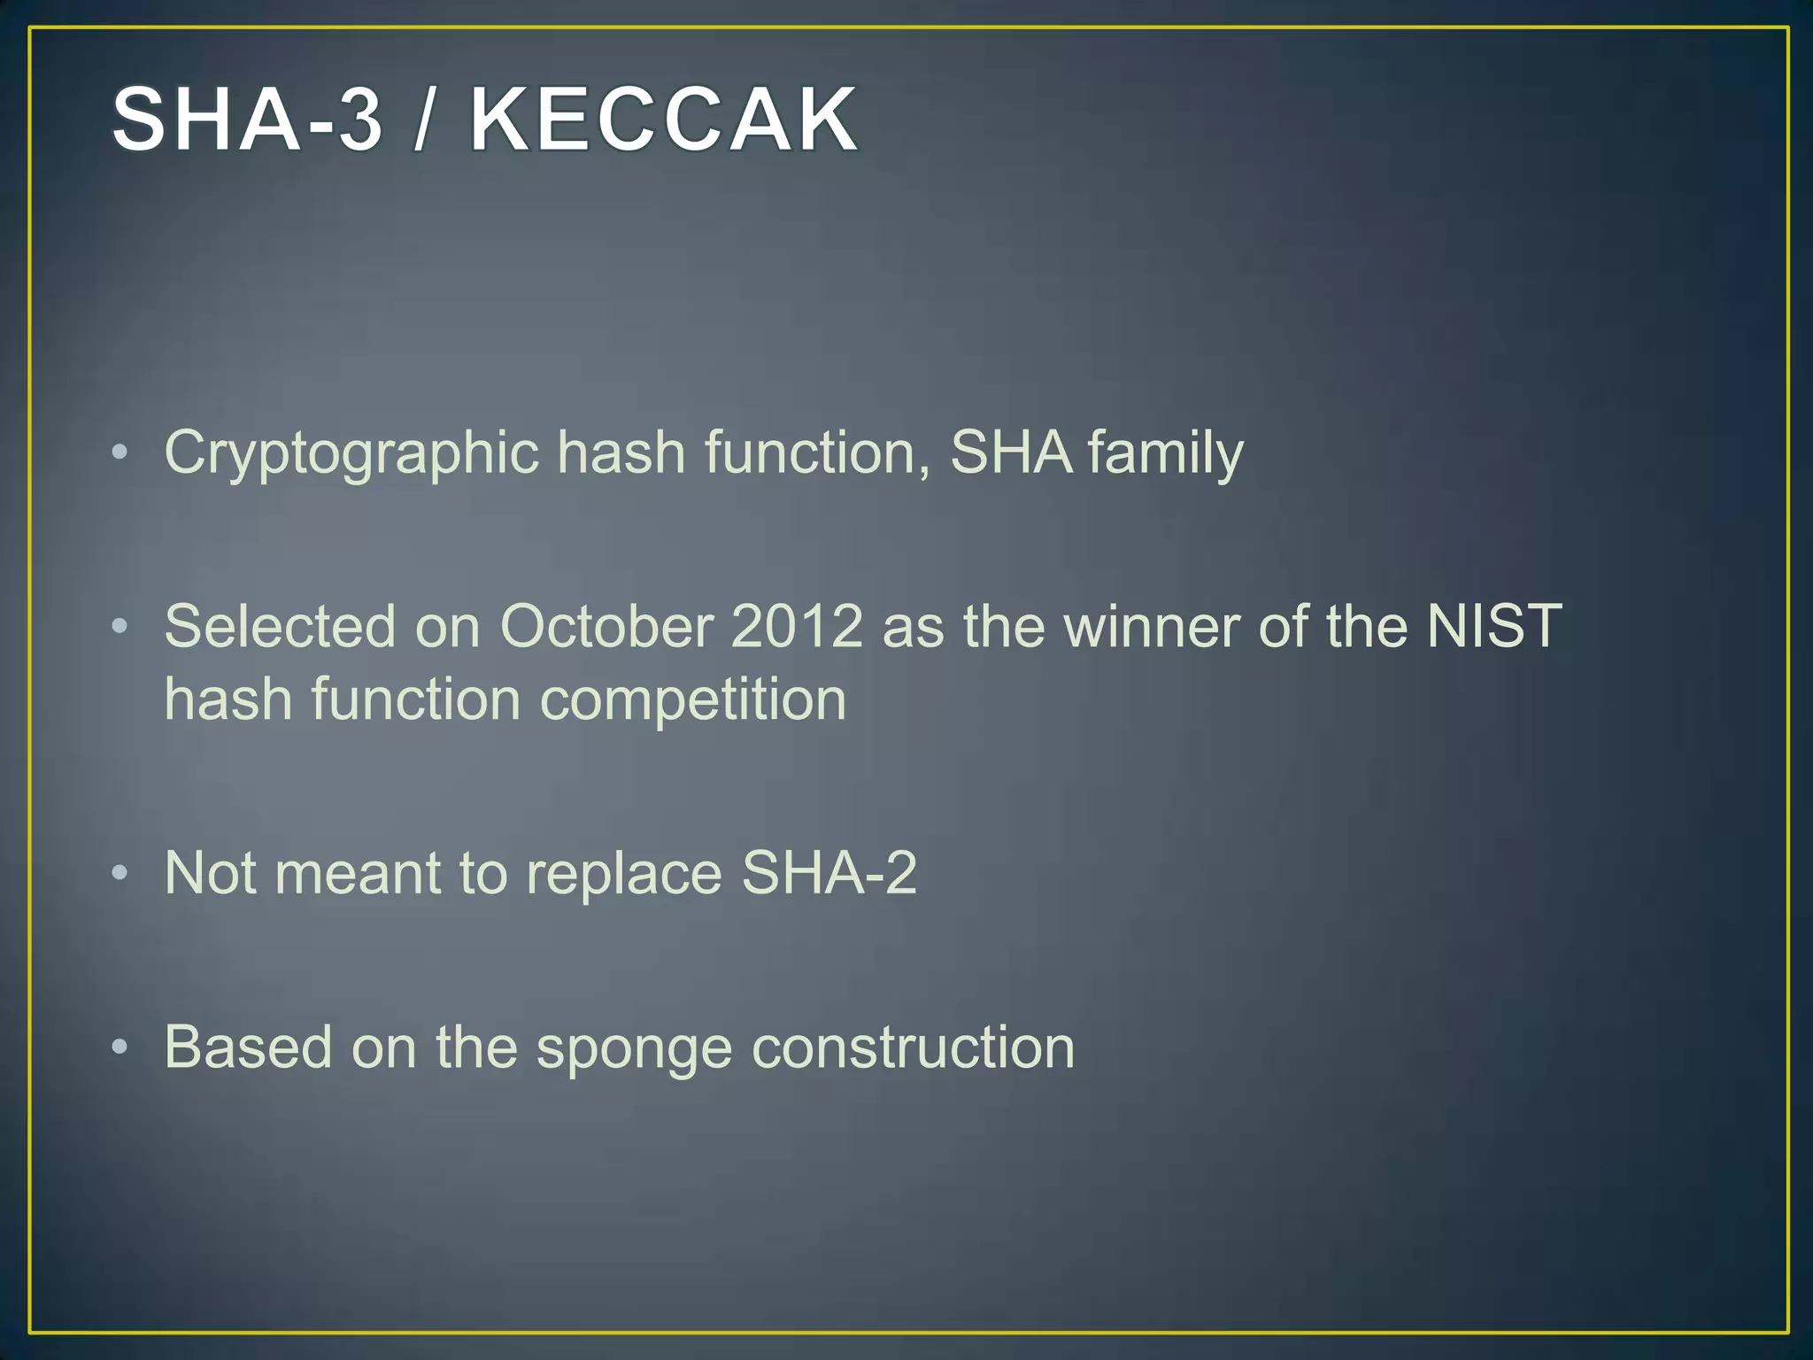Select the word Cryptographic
point(351,453)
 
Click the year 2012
point(797,626)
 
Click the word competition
point(693,699)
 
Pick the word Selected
point(279,626)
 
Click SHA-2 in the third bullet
point(829,873)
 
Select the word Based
point(248,1047)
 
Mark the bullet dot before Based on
point(120,1048)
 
